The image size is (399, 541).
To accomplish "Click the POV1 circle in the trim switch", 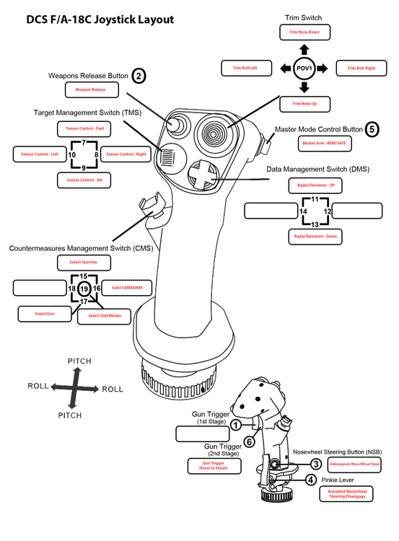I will click(x=304, y=69).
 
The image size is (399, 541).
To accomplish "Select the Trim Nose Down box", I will click(x=304, y=32).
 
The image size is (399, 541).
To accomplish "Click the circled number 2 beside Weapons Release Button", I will click(x=139, y=74).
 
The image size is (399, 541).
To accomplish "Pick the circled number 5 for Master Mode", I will click(x=372, y=129).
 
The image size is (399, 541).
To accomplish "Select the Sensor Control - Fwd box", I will click(x=84, y=128).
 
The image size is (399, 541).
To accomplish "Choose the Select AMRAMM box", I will click(x=126, y=288).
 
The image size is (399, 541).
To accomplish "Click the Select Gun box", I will click(x=40, y=314).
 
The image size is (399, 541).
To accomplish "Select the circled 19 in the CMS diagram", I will click(x=84, y=289).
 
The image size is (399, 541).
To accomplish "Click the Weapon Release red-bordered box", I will click(x=92, y=90).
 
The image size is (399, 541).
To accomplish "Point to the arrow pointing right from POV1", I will click(x=322, y=69).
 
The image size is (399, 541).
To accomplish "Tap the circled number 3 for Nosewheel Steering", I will click(x=315, y=464).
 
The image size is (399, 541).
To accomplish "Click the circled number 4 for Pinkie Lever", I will click(x=310, y=480).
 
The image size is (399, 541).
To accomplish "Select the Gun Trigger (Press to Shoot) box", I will click(x=214, y=466).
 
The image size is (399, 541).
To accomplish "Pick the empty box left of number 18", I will click(x=39, y=288).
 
